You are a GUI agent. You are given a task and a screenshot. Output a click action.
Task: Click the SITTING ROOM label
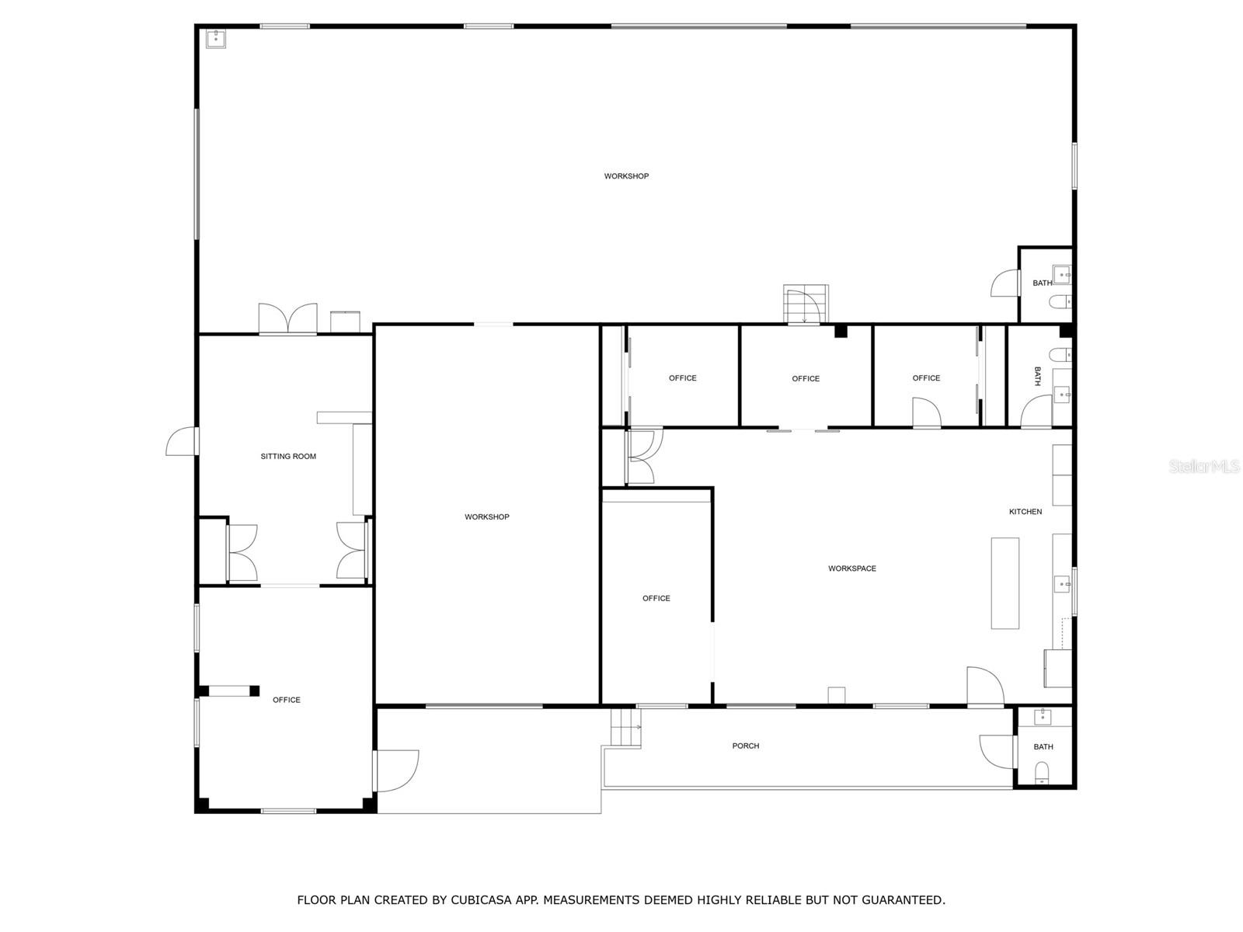pyautogui.click(x=287, y=456)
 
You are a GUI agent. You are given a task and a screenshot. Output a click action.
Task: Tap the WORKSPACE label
pyautogui.click(x=851, y=569)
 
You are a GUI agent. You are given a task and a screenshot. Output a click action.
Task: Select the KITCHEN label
pyautogui.click(x=1025, y=512)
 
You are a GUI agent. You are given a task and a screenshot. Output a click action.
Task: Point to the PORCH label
pyautogui.click(x=745, y=746)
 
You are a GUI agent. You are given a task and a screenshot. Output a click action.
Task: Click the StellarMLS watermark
pyautogui.click(x=1203, y=466)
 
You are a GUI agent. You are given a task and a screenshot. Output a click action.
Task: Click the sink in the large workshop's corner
pyautogui.click(x=215, y=39)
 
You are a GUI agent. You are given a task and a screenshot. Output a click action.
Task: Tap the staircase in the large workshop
pyautogui.click(x=805, y=304)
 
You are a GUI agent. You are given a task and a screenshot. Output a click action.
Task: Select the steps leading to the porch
pyautogui.click(x=625, y=728)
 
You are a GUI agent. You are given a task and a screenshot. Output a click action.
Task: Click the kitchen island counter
pyautogui.click(x=1004, y=582)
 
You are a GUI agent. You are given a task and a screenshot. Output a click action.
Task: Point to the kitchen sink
pyautogui.click(x=1061, y=583)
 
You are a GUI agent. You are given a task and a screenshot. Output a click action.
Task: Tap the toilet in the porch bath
pyautogui.click(x=1041, y=773)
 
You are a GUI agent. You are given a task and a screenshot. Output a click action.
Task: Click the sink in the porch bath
pyautogui.click(x=1042, y=716)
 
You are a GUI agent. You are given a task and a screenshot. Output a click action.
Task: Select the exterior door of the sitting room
pyautogui.click(x=181, y=441)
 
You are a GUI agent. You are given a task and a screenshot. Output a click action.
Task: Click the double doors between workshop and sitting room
pyautogui.click(x=287, y=318)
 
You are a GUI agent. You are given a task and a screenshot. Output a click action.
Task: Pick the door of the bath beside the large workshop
pyautogui.click(x=1005, y=283)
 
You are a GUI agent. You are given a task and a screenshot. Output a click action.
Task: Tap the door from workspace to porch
pyautogui.click(x=985, y=687)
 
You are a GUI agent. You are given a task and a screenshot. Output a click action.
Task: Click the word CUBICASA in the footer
pyautogui.click(x=481, y=899)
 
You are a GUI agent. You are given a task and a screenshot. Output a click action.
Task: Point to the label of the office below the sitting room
pyautogui.click(x=286, y=700)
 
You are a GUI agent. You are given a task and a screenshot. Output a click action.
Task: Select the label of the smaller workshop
pyautogui.click(x=486, y=516)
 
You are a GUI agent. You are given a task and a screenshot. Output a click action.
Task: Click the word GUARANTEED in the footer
pyautogui.click(x=903, y=899)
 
